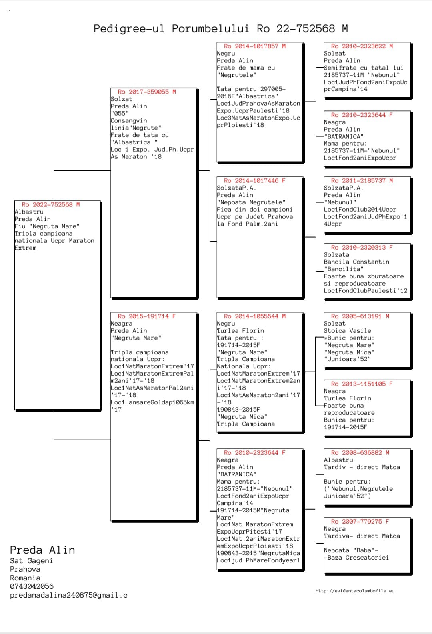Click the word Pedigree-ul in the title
point(128,29)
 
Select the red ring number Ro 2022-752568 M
point(51,205)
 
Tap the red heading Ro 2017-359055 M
point(147,92)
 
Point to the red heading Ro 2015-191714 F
point(147,316)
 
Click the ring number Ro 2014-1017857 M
point(255,46)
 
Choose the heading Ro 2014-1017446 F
point(255,181)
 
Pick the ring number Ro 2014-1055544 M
point(255,316)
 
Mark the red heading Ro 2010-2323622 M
point(362,46)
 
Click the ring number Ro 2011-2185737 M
point(362,181)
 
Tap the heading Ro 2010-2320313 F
point(362,248)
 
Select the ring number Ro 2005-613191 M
point(360,316)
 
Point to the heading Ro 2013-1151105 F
point(362,384)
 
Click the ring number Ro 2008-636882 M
point(360,453)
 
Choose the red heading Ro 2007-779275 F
point(360,522)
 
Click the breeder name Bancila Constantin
point(356,262)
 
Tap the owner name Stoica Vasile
point(347,331)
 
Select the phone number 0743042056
point(32,586)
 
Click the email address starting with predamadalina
point(68,595)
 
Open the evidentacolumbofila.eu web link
point(355,591)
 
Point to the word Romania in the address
point(25,578)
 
